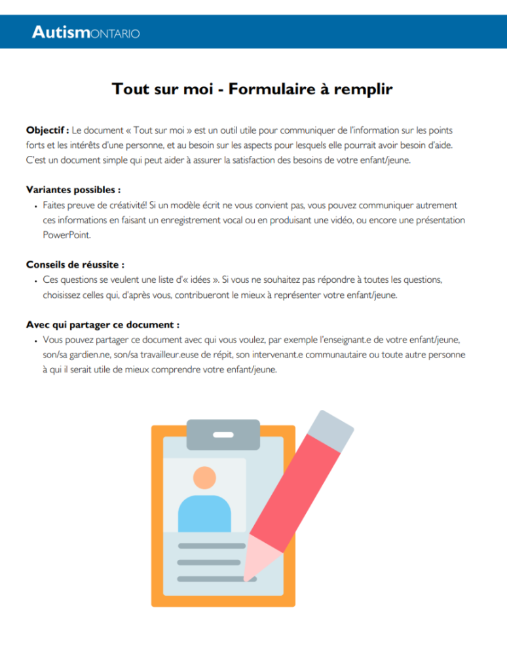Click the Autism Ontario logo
[x=86, y=32]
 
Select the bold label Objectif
[x=47, y=130]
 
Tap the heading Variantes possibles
[x=73, y=190]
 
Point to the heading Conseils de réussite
[x=75, y=265]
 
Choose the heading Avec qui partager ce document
[x=103, y=325]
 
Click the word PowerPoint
[x=67, y=235]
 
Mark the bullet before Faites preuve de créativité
[x=36, y=206]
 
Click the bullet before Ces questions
[x=36, y=281]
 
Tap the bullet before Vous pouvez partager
[x=36, y=341]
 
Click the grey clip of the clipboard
[x=223, y=435]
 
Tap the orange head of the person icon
[x=205, y=477]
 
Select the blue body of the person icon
[x=204, y=514]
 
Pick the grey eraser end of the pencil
[x=331, y=431]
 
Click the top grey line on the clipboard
[x=212, y=546]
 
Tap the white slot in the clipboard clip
[x=223, y=435]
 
